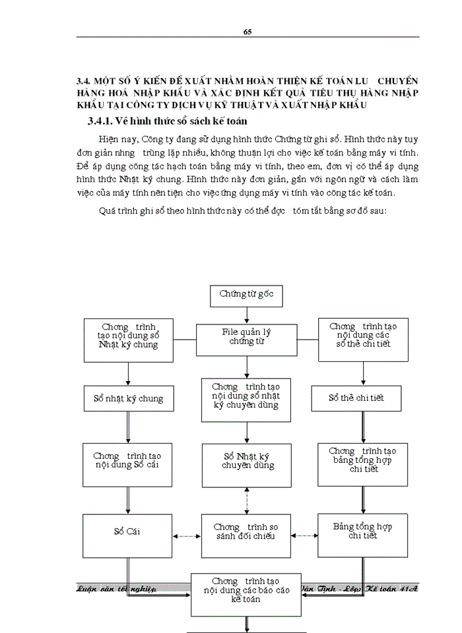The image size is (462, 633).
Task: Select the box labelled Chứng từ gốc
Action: pyautogui.click(x=246, y=295)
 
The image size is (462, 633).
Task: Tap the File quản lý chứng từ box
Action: pyautogui.click(x=246, y=336)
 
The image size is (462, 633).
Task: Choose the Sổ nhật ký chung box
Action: pyautogui.click(x=127, y=398)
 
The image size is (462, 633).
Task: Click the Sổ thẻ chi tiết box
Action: pyautogui.click(x=356, y=398)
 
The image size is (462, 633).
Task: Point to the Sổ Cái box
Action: pyautogui.click(x=127, y=531)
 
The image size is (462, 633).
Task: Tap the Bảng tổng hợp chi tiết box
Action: pyautogui.click(x=362, y=531)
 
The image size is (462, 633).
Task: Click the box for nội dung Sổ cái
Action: pyautogui.click(x=127, y=460)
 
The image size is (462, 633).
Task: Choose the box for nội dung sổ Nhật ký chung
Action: pyautogui.click(x=127, y=336)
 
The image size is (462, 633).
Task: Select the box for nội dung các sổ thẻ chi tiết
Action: pyautogui.click(x=362, y=336)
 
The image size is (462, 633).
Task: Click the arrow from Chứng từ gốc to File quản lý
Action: pyautogui.click(x=246, y=316)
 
